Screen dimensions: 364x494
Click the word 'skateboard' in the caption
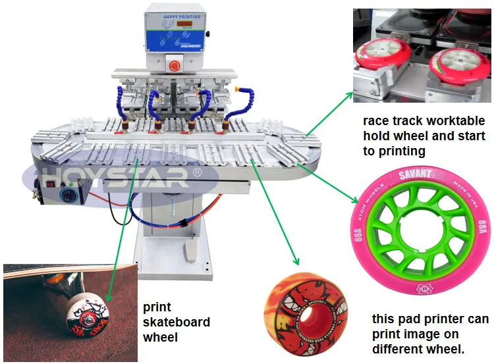[x=176, y=323]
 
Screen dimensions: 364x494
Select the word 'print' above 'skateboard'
[x=157, y=307]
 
